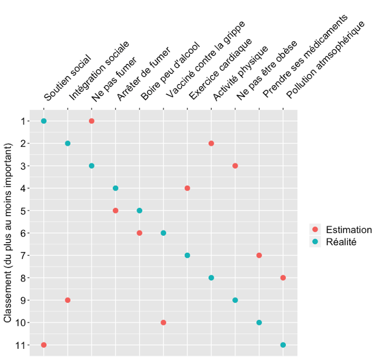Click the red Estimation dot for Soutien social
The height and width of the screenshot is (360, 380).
44,345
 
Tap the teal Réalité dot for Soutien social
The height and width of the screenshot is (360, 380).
44,121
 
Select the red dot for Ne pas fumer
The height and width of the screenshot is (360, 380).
91,121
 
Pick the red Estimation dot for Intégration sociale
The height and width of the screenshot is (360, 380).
68,300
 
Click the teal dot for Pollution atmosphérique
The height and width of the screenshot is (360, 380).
283,345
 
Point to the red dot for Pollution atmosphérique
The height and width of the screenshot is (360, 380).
283,277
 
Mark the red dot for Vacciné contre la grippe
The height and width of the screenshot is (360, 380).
163,322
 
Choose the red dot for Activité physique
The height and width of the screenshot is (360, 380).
211,143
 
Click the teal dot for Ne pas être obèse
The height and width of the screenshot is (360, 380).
235,300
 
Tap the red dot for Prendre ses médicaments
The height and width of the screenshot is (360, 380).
259,255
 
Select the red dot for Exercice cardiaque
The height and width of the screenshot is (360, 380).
187,188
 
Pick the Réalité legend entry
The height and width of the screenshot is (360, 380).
341,242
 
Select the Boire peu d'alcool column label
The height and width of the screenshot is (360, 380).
170,72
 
